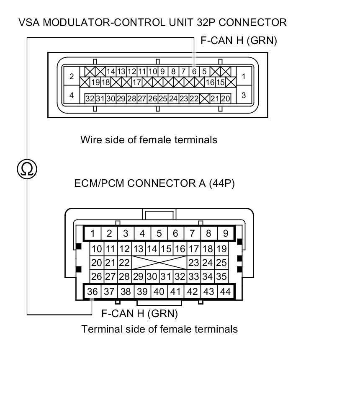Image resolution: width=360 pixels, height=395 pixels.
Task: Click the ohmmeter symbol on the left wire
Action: [27, 169]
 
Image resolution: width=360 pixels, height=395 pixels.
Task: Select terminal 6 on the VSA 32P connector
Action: [194, 71]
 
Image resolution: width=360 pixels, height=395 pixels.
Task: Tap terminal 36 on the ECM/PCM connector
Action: [93, 292]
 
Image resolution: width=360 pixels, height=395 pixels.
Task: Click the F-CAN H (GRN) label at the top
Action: [239, 41]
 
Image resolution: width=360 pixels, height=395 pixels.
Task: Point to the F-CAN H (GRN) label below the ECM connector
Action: [140, 313]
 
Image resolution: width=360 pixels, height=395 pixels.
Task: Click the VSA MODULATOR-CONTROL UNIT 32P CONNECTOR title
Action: [152, 23]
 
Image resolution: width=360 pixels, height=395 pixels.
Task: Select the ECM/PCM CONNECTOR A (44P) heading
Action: [154, 183]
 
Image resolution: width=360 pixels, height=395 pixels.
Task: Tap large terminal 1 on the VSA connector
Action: [243, 77]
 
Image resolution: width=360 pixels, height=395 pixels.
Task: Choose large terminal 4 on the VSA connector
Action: [72, 96]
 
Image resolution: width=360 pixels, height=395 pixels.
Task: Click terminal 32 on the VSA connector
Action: [90, 99]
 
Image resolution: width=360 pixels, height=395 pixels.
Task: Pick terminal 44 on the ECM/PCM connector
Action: [225, 292]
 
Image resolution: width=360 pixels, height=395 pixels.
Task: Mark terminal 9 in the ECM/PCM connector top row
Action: [225, 233]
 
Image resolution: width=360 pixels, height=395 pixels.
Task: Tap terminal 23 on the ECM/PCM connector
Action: [193, 263]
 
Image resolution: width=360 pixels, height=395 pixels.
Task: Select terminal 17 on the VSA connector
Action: [136, 82]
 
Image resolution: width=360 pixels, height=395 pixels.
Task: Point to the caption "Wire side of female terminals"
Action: [149, 139]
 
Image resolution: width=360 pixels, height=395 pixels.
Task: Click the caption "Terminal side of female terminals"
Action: [159, 329]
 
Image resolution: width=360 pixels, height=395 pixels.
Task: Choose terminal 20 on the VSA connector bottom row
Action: [225, 99]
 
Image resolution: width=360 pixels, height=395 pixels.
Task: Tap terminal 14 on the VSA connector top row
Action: [111, 71]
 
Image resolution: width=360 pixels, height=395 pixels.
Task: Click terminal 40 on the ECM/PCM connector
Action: [159, 292]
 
